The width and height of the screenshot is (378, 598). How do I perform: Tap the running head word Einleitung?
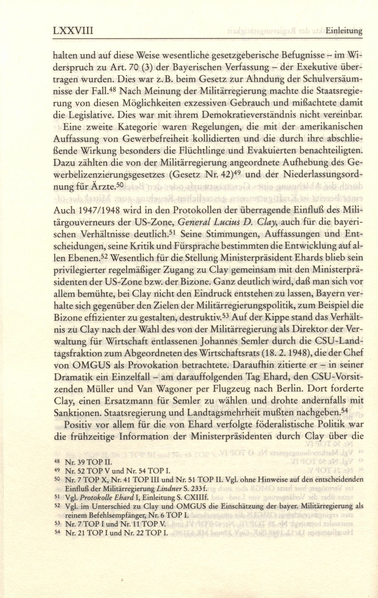[344, 31]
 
